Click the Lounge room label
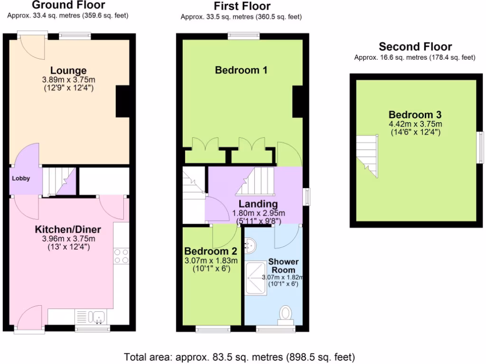click(x=69, y=71)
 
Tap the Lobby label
click(x=21, y=179)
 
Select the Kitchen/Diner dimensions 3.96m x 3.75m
click(x=68, y=238)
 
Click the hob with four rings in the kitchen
click(x=121, y=256)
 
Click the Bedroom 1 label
click(x=241, y=70)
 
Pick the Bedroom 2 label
click(x=211, y=251)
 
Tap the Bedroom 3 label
click(x=415, y=115)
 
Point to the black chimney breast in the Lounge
click(x=123, y=101)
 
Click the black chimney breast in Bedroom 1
click(x=297, y=101)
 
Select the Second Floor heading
click(x=415, y=47)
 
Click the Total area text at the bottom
click(x=240, y=356)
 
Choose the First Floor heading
click(x=242, y=7)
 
